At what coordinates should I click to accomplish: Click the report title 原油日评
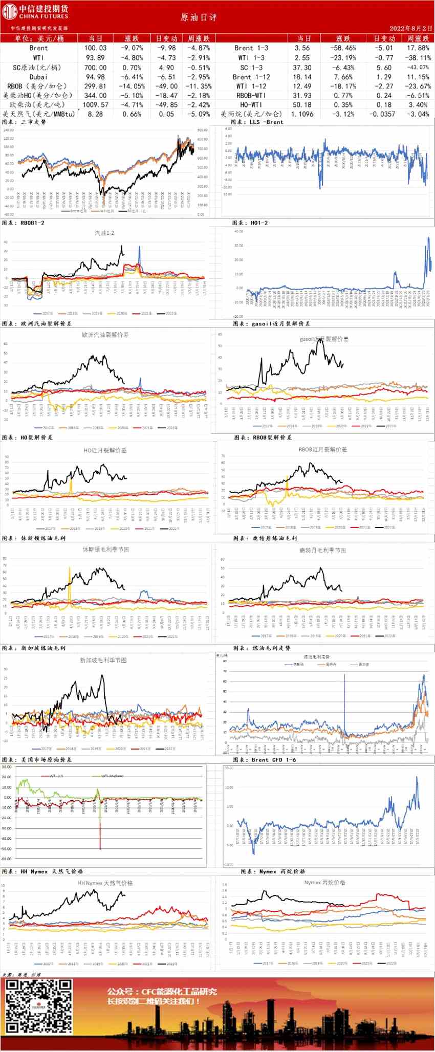199,17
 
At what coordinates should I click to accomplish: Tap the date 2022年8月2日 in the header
410,29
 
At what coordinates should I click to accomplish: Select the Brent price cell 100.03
95,48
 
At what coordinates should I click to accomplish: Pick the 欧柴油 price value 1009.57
95,105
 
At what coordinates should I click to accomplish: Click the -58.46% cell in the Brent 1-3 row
343,48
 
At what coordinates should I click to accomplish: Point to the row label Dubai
38,77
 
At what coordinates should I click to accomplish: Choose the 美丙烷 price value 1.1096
302,114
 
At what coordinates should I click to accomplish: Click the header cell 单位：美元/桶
39,38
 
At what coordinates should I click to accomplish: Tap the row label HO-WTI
251,105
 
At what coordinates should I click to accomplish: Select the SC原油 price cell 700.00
95,68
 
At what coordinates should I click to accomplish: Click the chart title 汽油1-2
104,233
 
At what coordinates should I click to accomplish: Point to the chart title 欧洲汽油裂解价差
105,335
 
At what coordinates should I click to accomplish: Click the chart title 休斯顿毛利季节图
106,550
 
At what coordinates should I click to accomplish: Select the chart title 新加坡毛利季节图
103,661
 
